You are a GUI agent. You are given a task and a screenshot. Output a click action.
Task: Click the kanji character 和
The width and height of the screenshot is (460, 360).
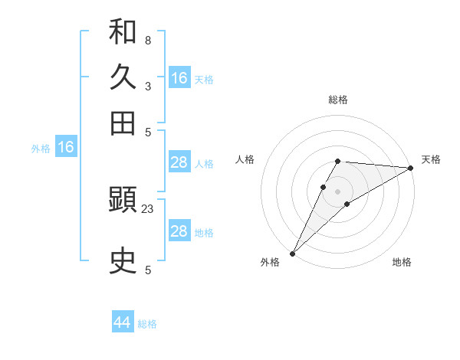(x=123, y=32)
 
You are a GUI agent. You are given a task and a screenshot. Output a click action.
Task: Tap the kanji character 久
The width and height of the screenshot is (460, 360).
(x=123, y=77)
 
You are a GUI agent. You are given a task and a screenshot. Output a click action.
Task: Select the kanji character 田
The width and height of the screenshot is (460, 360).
(x=123, y=123)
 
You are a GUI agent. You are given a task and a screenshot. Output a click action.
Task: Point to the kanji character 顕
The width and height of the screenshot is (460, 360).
(x=123, y=201)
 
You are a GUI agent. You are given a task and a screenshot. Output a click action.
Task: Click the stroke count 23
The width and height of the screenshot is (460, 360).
(x=148, y=209)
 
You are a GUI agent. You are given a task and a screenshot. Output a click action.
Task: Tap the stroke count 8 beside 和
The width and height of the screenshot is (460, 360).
(x=148, y=40)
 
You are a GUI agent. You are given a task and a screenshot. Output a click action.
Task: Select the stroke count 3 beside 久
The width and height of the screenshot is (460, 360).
(x=148, y=86)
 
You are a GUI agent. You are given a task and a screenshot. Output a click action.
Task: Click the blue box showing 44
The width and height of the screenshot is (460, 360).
(x=123, y=322)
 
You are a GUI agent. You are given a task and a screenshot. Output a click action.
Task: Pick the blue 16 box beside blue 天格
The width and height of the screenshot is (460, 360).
(x=179, y=78)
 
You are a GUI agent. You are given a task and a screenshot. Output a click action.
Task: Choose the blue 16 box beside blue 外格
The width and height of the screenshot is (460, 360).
(x=66, y=148)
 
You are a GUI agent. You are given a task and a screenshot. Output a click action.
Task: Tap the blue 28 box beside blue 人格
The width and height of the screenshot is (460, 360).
(x=179, y=162)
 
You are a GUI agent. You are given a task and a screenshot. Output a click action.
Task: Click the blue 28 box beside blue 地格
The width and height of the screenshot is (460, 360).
(x=179, y=231)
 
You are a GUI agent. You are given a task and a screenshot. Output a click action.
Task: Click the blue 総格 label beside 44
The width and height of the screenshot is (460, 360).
(x=147, y=324)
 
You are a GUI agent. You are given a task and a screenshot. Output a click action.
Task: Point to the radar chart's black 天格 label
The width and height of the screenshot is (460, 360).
(x=431, y=159)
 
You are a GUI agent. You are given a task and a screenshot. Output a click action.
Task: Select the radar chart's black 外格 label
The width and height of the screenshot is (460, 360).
(x=270, y=262)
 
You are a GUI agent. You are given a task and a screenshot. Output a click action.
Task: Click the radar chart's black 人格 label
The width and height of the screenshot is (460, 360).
(x=245, y=159)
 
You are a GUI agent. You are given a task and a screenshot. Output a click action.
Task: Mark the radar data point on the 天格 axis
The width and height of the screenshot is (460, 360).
(x=411, y=169)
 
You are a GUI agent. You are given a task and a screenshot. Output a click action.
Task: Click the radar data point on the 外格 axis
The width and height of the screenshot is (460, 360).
(x=292, y=254)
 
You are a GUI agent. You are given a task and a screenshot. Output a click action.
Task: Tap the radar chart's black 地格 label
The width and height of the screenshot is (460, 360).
(x=402, y=262)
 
